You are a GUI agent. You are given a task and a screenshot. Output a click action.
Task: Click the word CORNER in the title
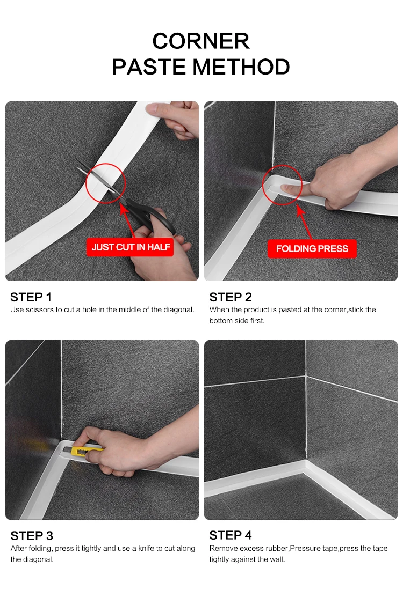[x=201, y=41]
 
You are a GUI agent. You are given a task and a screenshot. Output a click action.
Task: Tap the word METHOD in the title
[x=241, y=67]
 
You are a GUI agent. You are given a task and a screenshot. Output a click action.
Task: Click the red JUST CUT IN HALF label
[x=131, y=247]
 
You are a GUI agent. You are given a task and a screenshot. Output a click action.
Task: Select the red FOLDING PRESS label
[x=312, y=249]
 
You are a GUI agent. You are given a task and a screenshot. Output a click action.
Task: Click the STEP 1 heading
[x=31, y=297]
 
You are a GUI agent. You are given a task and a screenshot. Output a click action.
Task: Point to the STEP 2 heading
[x=231, y=297]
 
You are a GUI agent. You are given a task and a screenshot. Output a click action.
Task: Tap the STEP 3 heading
[x=32, y=536]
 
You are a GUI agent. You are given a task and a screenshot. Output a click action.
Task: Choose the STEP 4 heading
[x=231, y=535]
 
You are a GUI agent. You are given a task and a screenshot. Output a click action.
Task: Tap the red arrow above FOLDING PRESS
[x=305, y=222]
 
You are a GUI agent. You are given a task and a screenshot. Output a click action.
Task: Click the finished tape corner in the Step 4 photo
[x=305, y=466]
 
